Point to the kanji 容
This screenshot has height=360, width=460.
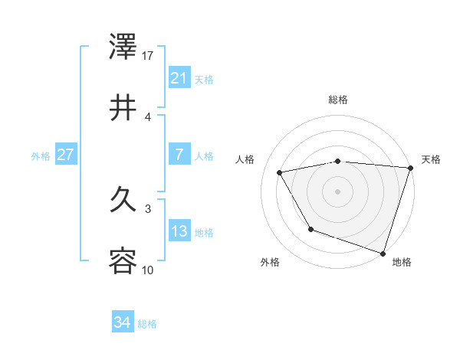click(123, 261)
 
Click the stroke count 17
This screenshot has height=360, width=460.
click(148, 55)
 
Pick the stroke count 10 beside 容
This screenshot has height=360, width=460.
click(148, 270)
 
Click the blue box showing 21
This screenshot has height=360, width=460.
click(179, 78)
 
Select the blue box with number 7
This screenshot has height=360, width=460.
click(179, 155)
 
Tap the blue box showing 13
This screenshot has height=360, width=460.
click(179, 231)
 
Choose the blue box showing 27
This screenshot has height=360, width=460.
click(65, 155)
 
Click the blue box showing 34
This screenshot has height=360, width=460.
click(122, 323)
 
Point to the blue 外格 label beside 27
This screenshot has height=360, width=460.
click(41, 155)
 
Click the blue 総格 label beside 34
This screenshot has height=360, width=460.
click(147, 324)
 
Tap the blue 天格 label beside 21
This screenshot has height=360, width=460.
click(204, 79)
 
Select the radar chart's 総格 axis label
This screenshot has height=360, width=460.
click(338, 100)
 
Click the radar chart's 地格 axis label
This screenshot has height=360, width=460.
click(402, 262)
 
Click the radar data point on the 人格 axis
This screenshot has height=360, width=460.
click(281, 172)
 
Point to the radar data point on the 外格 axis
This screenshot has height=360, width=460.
click(310, 229)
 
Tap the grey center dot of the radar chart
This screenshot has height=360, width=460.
click(338, 191)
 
